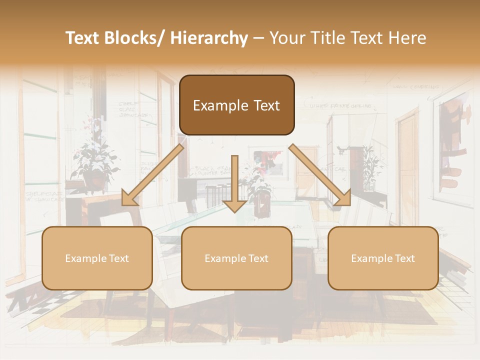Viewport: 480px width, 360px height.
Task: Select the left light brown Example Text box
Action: [x=97, y=258]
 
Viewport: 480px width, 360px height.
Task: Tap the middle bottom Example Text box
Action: [x=236, y=258]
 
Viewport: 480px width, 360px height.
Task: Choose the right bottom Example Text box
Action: [x=383, y=258]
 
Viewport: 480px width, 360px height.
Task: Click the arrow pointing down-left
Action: [x=152, y=174]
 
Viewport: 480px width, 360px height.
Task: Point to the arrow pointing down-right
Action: [x=320, y=174]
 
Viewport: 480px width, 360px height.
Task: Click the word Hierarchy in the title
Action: [x=208, y=38]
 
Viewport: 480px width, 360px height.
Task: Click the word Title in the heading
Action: [x=326, y=38]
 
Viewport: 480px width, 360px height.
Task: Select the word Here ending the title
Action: [x=407, y=38]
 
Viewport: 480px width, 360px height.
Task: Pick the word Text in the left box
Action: [x=118, y=258]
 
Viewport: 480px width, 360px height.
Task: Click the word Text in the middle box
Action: [x=258, y=258]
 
